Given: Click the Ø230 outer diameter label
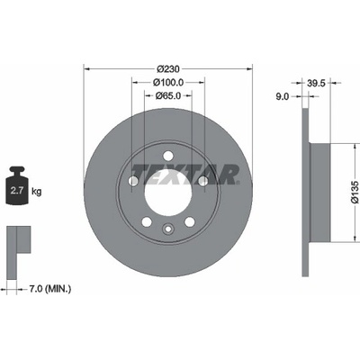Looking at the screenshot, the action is [x=168, y=69].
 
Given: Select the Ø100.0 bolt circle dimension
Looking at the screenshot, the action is [x=168, y=82].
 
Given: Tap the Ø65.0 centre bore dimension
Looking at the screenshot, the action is [x=168, y=96].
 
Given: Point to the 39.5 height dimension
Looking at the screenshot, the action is [x=316, y=83].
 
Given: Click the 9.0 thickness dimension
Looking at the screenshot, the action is [x=282, y=96].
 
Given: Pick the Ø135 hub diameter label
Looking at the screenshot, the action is [x=355, y=193].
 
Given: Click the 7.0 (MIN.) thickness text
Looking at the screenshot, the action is [x=50, y=289].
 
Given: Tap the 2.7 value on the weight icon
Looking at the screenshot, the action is [x=17, y=191].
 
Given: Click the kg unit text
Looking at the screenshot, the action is [x=37, y=191].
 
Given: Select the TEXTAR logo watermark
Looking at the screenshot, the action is [x=185, y=175].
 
